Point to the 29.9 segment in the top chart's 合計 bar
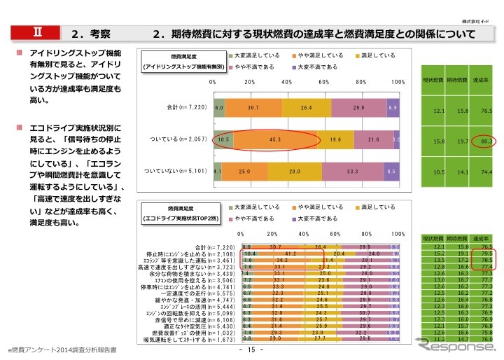[358, 109]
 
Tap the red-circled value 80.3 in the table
[483, 141]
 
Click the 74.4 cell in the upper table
[483, 172]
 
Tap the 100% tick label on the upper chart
[398, 83]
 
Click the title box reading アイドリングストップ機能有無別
[183, 61]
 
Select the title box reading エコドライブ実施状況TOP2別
[183, 214]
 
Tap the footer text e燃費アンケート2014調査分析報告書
[58, 348]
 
